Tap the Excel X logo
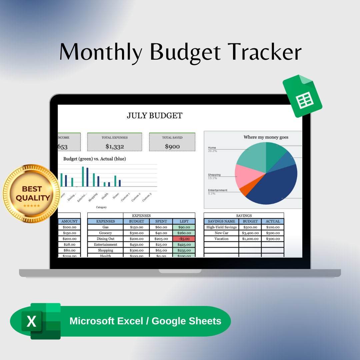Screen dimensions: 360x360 [x=32, y=321]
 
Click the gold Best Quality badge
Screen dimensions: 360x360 [x=32, y=193]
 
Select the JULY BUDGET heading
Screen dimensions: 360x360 [x=155, y=116]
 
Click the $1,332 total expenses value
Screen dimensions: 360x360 [x=114, y=146]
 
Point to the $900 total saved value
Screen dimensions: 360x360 [x=172, y=146]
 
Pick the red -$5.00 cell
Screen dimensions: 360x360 [x=184, y=239]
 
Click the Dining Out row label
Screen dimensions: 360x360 [x=105, y=239]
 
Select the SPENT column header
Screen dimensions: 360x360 [x=161, y=221]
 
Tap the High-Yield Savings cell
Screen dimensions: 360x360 [x=221, y=227]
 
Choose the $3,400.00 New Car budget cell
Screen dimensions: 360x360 [x=250, y=233]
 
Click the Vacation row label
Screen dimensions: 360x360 [x=221, y=239]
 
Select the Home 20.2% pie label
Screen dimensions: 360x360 [x=212, y=149]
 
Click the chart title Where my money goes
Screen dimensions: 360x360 [x=266, y=137]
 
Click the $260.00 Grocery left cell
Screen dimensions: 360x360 [x=184, y=233]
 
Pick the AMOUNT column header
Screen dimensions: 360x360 [x=69, y=221]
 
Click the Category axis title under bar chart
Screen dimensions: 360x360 [x=101, y=207]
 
